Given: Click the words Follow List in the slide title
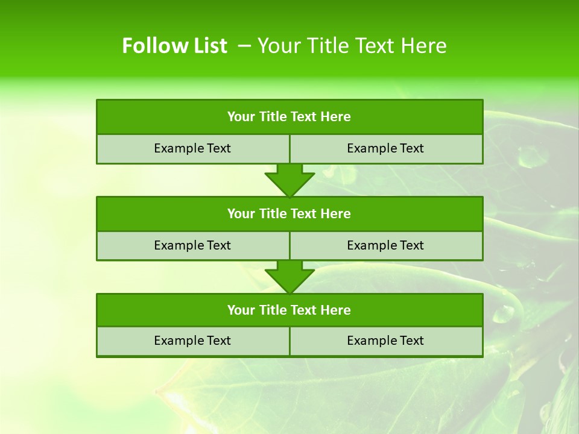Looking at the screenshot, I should click(x=174, y=46).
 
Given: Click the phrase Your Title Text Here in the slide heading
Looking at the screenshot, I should click(x=352, y=46).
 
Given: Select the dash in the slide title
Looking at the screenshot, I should click(x=244, y=46).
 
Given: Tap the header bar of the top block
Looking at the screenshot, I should click(x=289, y=117).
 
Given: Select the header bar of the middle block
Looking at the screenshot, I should click(x=289, y=213).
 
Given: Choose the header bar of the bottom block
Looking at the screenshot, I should click(x=289, y=310).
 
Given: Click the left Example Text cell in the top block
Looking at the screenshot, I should click(x=193, y=148).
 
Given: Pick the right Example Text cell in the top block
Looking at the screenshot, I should click(x=386, y=148).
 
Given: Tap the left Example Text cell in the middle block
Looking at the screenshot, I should click(x=193, y=245).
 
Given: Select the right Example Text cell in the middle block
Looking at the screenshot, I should click(x=386, y=245).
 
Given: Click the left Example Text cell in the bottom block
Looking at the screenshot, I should click(x=193, y=341).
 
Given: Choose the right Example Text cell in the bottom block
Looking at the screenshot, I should click(x=386, y=341).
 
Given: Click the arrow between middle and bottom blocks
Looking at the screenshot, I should click(x=289, y=277).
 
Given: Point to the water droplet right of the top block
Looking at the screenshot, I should click(x=532, y=158).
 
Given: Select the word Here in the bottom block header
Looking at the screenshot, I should click(x=336, y=310).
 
